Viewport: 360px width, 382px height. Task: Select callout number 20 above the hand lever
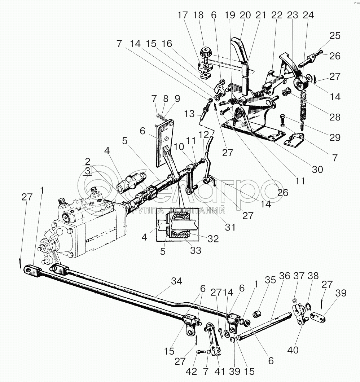(245, 16)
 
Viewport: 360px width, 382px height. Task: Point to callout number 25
(334, 36)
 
